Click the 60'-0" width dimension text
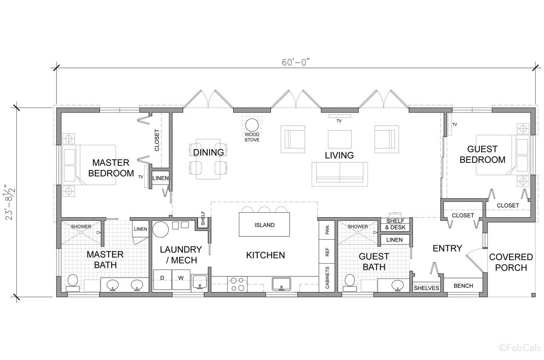[x=296, y=62]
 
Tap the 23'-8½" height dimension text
[x=11, y=204]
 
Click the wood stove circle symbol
[x=252, y=125]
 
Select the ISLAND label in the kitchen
[x=264, y=225]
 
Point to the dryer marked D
[x=162, y=279]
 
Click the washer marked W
[x=181, y=279]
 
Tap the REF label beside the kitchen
[x=327, y=252]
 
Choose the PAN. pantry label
[x=327, y=229]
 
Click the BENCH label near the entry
[x=463, y=286]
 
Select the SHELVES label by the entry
[x=426, y=288]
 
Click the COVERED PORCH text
[x=511, y=262]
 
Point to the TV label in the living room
[x=339, y=121]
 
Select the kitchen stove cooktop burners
[x=237, y=284]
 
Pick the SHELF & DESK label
[x=395, y=224]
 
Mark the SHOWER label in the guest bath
[x=358, y=227]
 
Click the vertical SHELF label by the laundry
[x=203, y=218]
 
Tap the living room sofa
[x=340, y=174]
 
